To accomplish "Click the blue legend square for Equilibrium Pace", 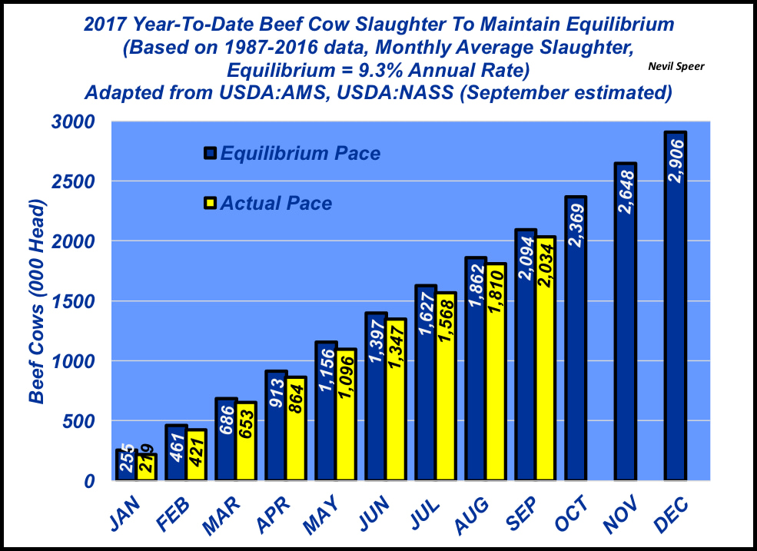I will pyautogui.click(x=210, y=153).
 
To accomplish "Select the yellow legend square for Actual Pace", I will pyautogui.click(x=210, y=204).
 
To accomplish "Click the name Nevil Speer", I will pyautogui.click(x=676, y=67).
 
